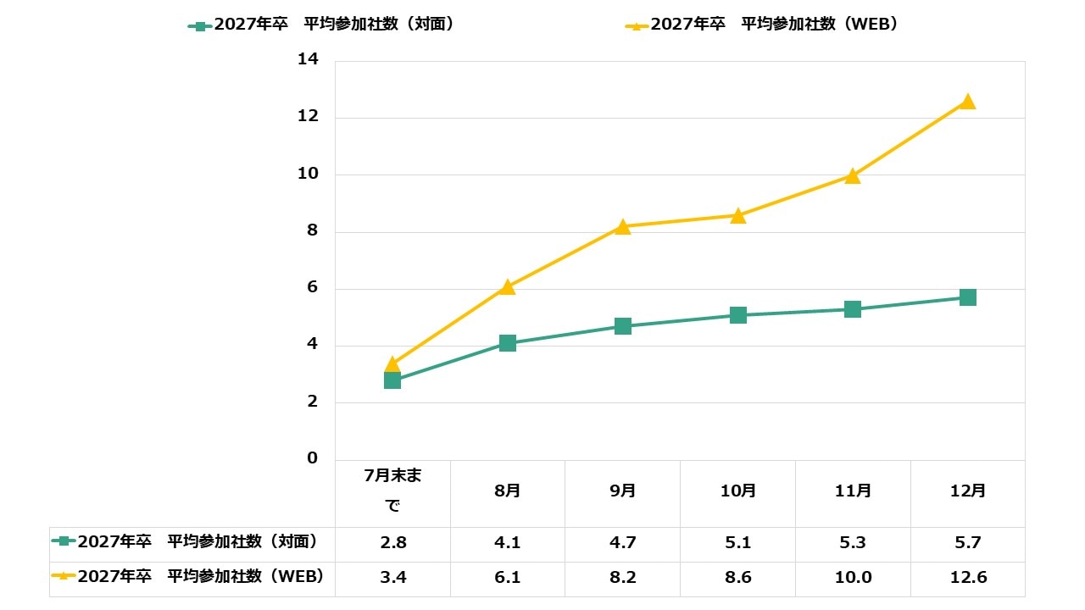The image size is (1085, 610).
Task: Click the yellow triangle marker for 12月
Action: pos(967,102)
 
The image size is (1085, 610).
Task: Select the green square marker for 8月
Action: pos(508,343)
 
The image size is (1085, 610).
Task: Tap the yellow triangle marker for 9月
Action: pos(623,227)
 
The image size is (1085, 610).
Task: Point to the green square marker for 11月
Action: pos(853,309)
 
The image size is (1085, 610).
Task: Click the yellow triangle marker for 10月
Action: pos(738,216)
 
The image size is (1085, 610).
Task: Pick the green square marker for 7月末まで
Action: pos(392,380)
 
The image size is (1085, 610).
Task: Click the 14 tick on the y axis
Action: pos(308,60)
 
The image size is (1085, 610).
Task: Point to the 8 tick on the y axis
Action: pos(313,231)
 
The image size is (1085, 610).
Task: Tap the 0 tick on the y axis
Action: pos(313,458)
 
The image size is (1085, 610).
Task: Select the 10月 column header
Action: pos(738,491)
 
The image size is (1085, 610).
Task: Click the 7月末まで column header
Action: pos(392,491)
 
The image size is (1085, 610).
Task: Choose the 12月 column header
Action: pos(967,491)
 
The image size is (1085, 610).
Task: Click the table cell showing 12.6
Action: pos(967,579)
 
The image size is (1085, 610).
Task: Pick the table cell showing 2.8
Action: pos(392,543)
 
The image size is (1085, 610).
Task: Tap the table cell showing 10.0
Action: pos(853,579)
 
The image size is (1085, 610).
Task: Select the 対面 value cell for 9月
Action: pos(623,543)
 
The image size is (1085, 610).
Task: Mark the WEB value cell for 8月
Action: pos(508,579)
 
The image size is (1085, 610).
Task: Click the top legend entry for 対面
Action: pos(322,25)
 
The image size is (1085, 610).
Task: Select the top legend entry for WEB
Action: pos(763,25)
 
